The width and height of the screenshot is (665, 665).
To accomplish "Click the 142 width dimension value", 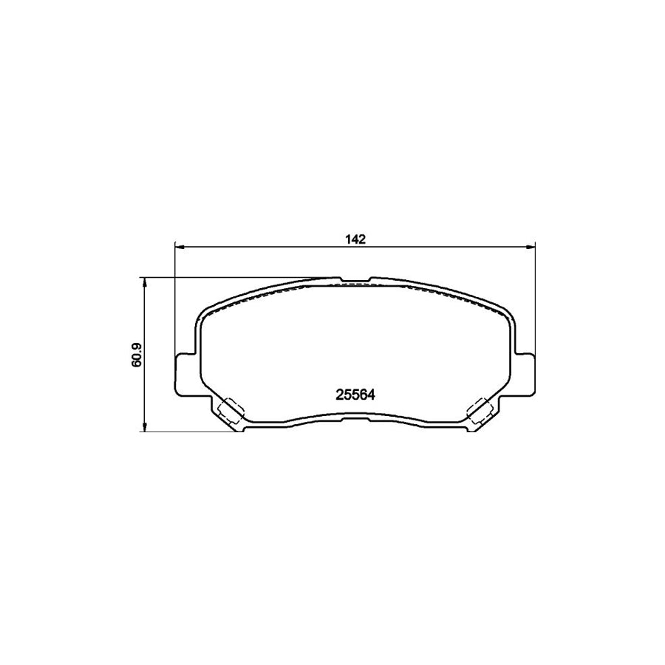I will coord(355,239).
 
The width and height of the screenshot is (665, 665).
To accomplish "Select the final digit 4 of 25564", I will coord(373,395).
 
